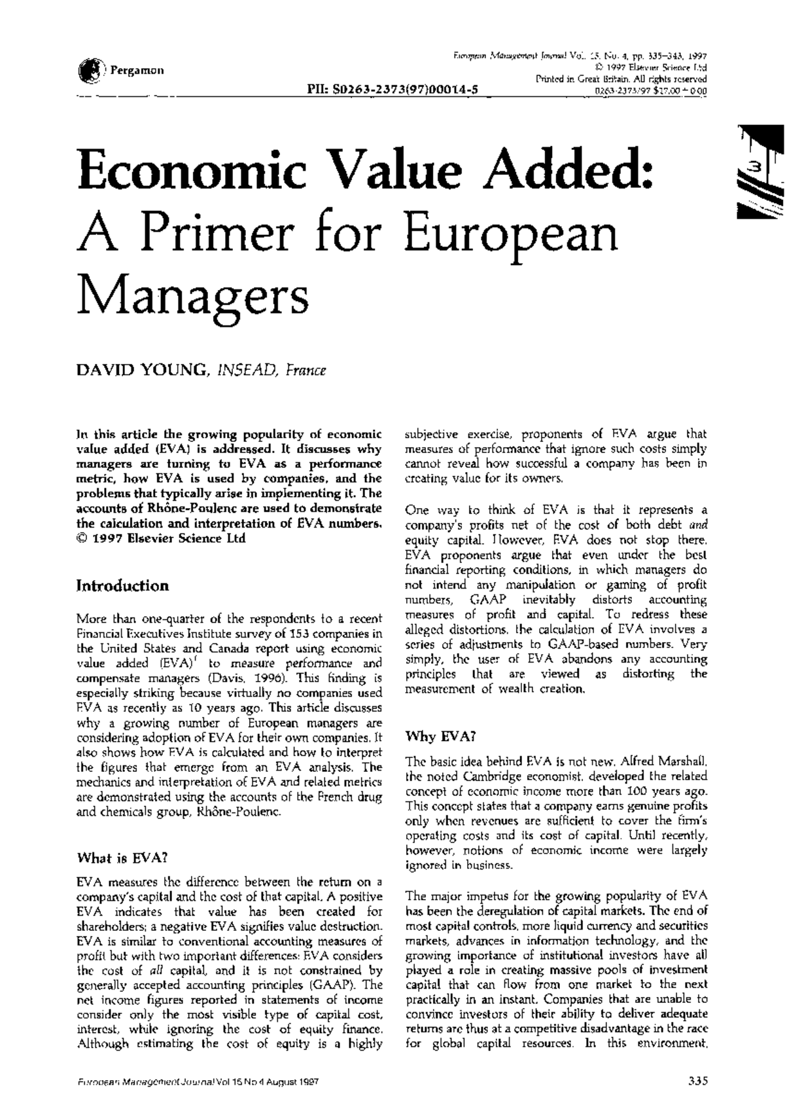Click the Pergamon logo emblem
tap(89, 69)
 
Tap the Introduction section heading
tap(122, 586)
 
